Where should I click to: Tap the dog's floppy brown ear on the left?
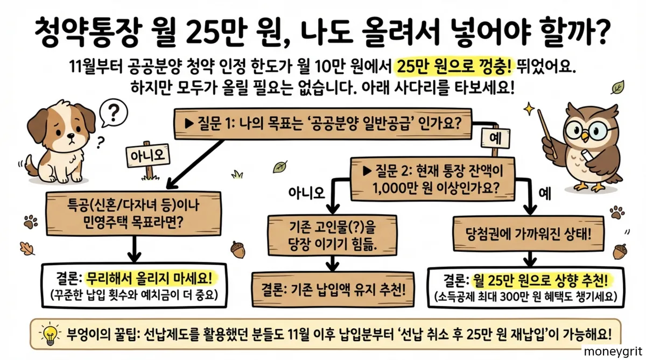coord(38,124)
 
